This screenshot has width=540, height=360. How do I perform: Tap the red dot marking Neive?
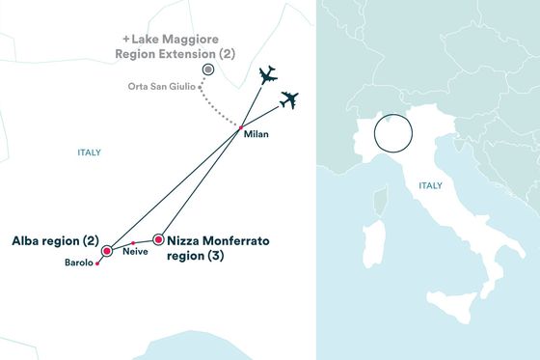pyautogui.click(x=133, y=241)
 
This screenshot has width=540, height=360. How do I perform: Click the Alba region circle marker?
pyautogui.click(x=107, y=248)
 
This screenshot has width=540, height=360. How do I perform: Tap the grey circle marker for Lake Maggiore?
pyautogui.click(x=207, y=70)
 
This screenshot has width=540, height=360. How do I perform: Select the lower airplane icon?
pyautogui.click(x=288, y=99)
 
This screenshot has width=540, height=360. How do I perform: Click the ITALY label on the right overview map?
pyautogui.click(x=430, y=184)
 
